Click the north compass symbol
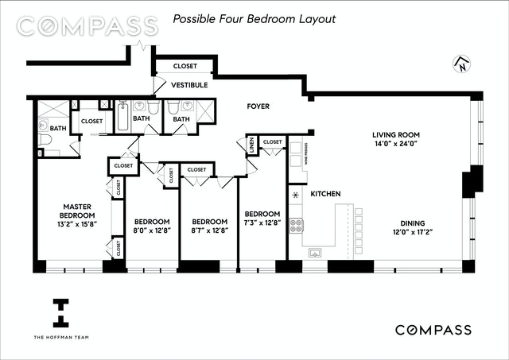(461, 64)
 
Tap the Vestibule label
(189, 85)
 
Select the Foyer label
(258, 106)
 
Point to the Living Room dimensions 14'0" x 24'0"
(396, 144)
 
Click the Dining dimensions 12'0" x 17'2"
(412, 232)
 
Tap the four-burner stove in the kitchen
(296, 226)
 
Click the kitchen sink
(315, 253)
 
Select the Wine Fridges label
(306, 154)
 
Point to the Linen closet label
(252, 145)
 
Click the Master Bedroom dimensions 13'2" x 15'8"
(77, 224)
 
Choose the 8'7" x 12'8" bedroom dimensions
(209, 230)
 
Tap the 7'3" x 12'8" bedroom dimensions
(262, 223)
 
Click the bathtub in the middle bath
(122, 116)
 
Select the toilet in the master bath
(45, 139)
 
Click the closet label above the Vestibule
(185, 66)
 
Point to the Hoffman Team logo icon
(60, 313)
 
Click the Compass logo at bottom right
(433, 330)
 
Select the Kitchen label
(325, 194)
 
